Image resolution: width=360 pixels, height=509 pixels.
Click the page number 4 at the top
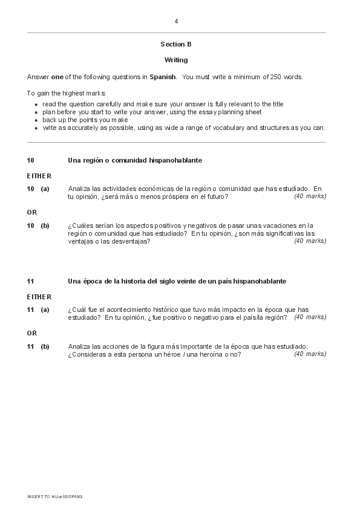pos(176,21)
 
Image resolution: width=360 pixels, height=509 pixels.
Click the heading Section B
pos(176,44)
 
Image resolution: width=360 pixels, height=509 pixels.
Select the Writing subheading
pos(176,60)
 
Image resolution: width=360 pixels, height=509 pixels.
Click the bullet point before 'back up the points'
pos(36,120)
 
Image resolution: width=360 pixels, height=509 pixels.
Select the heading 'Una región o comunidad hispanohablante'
pos(135,160)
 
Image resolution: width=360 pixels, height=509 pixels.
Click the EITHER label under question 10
pos(39,176)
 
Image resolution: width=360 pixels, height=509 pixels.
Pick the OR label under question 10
pos(32,212)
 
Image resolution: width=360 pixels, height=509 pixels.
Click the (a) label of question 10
pos(45,189)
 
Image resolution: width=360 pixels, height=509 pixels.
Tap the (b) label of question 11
pos(45,346)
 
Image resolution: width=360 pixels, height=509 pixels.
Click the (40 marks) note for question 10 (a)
pos(310,196)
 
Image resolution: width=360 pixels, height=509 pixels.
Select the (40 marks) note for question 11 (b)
pos(310,354)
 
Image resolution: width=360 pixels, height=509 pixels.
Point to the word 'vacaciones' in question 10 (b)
pos(277,225)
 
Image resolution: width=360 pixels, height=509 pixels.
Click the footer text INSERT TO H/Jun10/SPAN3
pos(54,496)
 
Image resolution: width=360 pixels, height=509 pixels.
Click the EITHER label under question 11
pos(39,297)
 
